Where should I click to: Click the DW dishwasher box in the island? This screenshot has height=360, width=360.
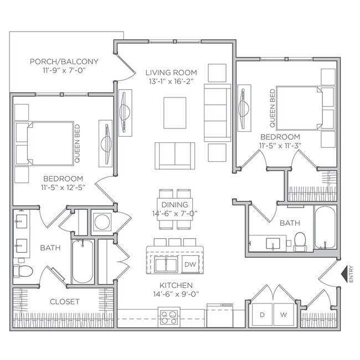pyautogui.click(x=189, y=265)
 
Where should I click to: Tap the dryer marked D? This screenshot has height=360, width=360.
pyautogui.click(x=262, y=315)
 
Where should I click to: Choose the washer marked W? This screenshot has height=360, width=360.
pyautogui.click(x=283, y=315)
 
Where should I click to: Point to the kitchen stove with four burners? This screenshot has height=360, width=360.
pyautogui.click(x=168, y=317)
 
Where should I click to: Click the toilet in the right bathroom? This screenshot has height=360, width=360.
pyautogui.click(x=300, y=241)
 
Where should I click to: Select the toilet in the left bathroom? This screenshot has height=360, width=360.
pyautogui.click(x=23, y=271)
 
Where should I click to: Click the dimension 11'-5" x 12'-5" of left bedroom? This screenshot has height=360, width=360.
pyautogui.click(x=63, y=188)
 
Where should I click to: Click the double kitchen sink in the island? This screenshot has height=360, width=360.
pyautogui.click(x=164, y=265)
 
